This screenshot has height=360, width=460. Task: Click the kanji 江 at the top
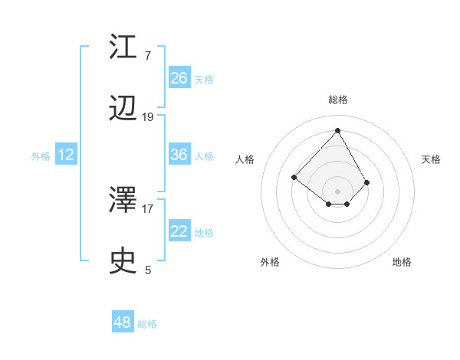coord(124,47)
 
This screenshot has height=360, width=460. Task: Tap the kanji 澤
coord(124,201)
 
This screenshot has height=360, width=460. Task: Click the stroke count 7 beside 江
coord(147,55)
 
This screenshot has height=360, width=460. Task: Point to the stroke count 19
coord(148,117)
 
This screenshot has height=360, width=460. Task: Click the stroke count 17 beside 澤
coord(148,208)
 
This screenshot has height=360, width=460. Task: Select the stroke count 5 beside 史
coord(148,270)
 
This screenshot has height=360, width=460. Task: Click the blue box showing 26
coord(179,77)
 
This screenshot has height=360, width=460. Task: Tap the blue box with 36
coord(179,155)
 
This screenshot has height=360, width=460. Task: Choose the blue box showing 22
coord(179,231)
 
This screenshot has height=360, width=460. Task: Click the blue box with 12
coord(66,155)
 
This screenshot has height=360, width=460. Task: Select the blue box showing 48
coord(123,322)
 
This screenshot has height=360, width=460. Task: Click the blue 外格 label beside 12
coord(41,156)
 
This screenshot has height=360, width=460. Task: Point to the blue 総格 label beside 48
coord(147,324)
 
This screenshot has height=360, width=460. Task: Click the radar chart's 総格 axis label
coord(338,100)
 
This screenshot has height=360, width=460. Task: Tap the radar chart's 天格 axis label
coord(431,159)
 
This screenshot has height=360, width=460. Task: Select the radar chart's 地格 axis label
coord(402,262)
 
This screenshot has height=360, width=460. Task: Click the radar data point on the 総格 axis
coord(338,130)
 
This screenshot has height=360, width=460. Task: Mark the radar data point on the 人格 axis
coord(294,178)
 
